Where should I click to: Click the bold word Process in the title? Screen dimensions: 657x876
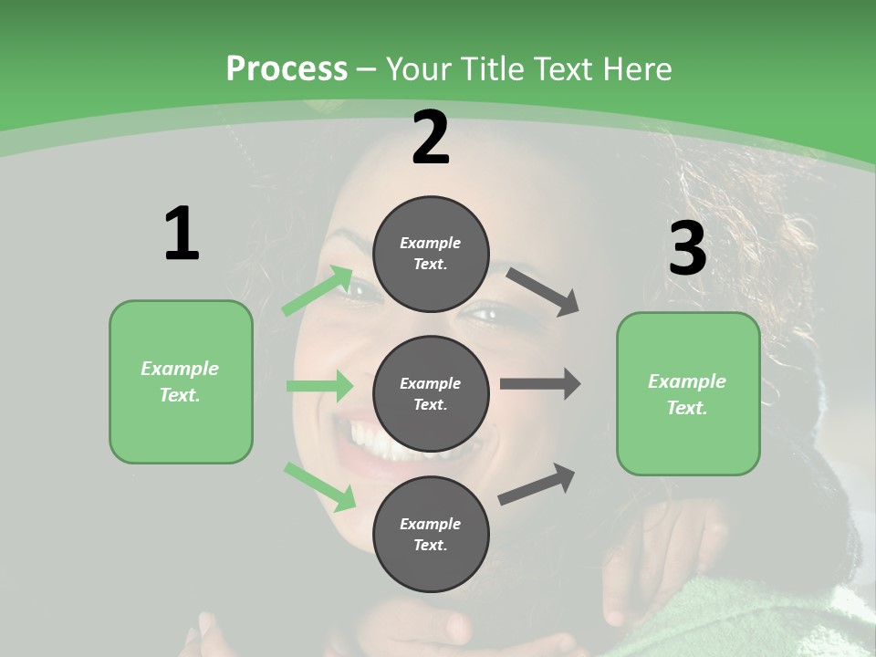287,68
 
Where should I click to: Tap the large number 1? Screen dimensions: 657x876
182,234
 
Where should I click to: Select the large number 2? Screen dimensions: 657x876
431,138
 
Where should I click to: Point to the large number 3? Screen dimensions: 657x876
687,248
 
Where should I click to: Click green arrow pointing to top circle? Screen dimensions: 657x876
317,292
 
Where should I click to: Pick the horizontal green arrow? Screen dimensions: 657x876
319,386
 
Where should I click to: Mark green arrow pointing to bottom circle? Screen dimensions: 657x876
319,486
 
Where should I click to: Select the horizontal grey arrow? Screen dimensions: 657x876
540,384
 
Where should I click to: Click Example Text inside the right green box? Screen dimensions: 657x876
687,394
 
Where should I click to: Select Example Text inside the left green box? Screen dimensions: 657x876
180,381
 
